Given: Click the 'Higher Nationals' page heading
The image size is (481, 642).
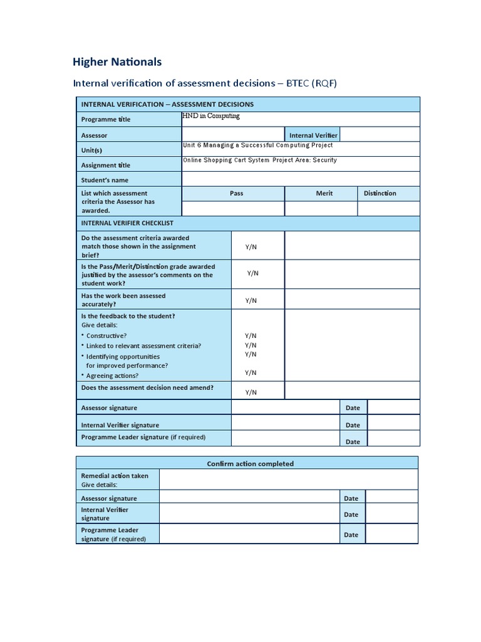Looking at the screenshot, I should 117,61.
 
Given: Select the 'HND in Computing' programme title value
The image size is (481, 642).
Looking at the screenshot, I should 211,116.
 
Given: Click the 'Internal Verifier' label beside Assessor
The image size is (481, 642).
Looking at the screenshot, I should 313,135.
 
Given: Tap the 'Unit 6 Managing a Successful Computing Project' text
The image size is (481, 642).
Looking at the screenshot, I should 257,145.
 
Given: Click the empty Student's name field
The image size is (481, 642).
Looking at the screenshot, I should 301,179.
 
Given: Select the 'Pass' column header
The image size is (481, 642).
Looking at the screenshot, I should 236,193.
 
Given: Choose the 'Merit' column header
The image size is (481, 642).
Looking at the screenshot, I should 324,193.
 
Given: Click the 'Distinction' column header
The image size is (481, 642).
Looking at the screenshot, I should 380,193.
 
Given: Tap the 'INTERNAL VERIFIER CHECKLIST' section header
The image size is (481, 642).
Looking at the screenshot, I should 127,223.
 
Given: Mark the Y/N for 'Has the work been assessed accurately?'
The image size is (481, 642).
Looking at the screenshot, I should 251,300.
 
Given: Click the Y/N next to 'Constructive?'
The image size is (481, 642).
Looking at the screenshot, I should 251,335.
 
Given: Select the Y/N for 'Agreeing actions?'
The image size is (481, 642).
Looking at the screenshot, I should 251,372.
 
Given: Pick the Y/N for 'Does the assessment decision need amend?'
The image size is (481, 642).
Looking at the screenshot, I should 251,392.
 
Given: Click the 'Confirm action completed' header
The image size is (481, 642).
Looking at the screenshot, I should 250,463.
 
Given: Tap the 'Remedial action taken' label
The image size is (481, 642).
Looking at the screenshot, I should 115,476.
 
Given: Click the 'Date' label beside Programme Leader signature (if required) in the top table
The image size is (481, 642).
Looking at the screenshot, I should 353,441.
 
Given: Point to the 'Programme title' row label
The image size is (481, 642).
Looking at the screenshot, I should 106,119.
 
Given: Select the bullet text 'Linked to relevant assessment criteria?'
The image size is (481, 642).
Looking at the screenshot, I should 143,345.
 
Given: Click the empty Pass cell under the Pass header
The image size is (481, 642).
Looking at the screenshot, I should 233,209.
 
